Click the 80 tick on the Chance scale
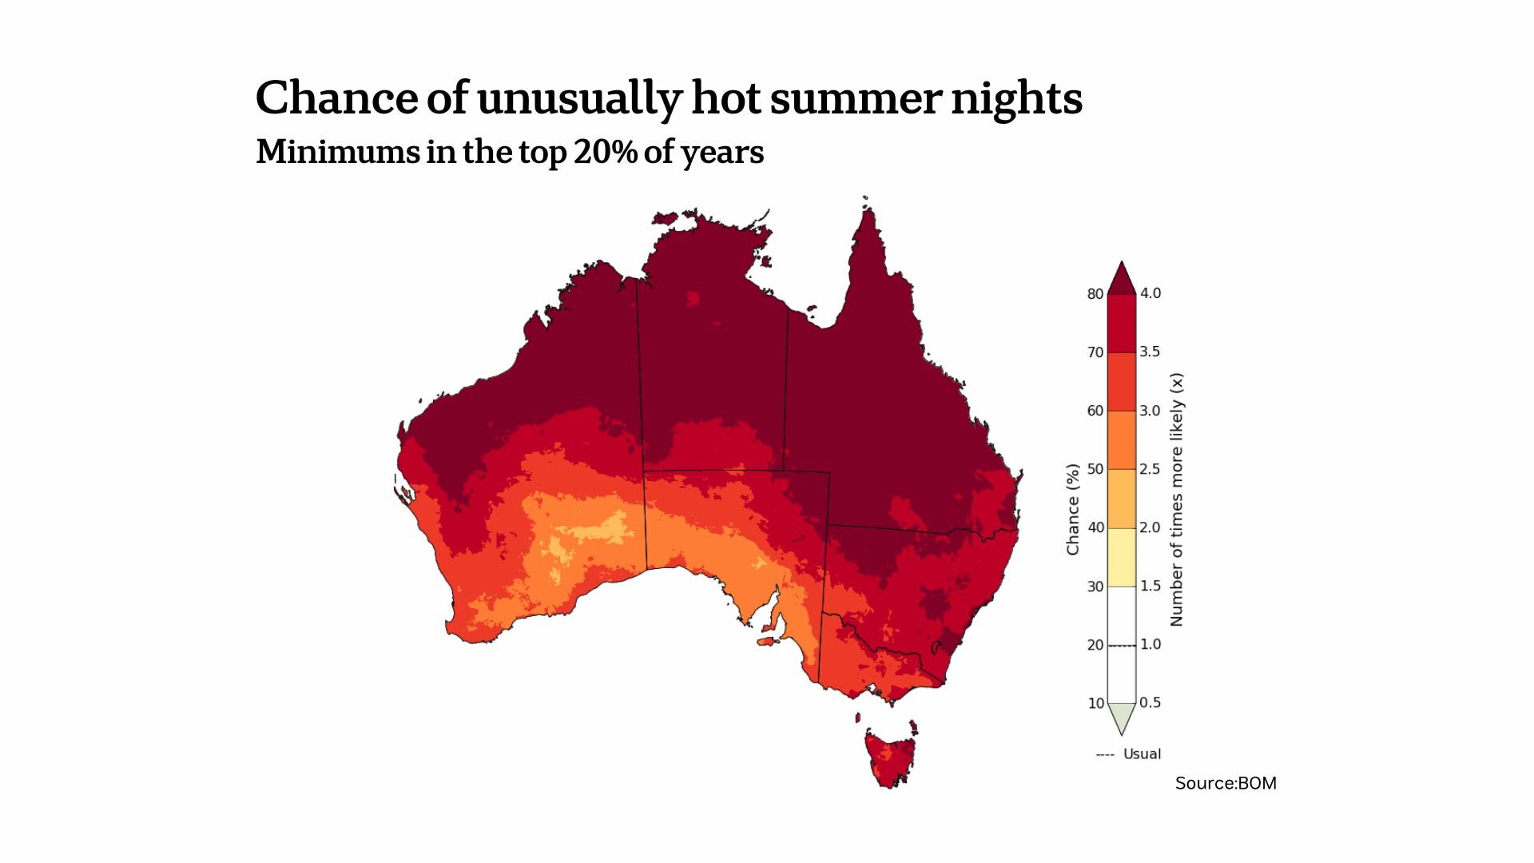click(1095, 294)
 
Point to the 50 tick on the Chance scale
click(1095, 469)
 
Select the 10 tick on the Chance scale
click(1095, 703)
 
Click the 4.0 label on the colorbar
click(1150, 293)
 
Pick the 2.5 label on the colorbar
click(1150, 469)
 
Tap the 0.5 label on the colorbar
click(1150, 702)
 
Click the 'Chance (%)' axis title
click(1073, 509)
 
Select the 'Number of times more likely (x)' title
click(1176, 499)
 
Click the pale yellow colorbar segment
click(1122, 557)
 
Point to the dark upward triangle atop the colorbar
click(1122, 280)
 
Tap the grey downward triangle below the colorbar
click(1122, 717)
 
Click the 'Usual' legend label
click(1142, 754)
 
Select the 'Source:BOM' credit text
click(1226, 783)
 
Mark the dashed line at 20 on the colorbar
click(1122, 645)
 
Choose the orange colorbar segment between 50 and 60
click(1122, 439)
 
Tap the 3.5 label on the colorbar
click(1150, 352)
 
